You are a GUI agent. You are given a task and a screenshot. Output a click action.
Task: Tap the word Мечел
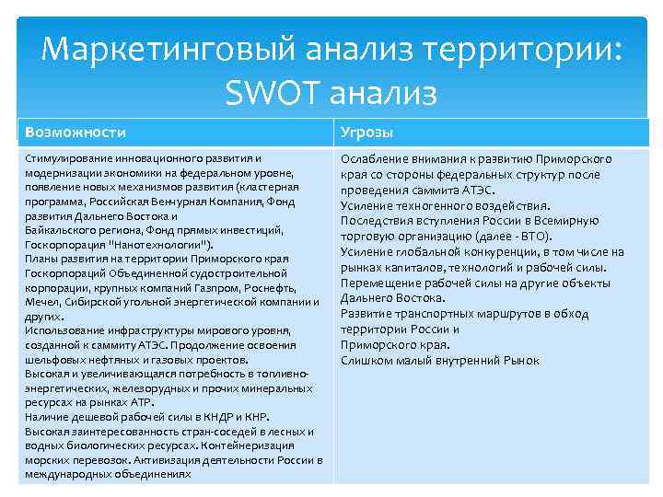(x=41, y=302)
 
